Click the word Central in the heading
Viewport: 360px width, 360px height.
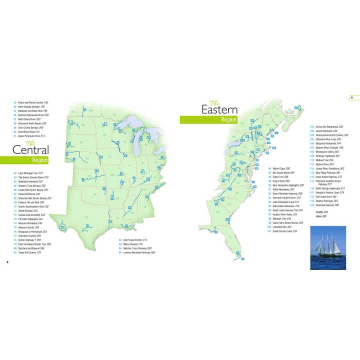(x=30, y=150)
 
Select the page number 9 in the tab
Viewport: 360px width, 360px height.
(x=351, y=97)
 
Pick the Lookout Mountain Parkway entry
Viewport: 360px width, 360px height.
(x=138, y=253)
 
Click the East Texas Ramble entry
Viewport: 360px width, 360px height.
(x=135, y=240)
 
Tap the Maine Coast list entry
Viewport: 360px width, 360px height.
(x=280, y=168)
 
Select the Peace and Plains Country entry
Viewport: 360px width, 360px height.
(x=34, y=102)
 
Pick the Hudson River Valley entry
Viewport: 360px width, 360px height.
(x=285, y=214)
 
